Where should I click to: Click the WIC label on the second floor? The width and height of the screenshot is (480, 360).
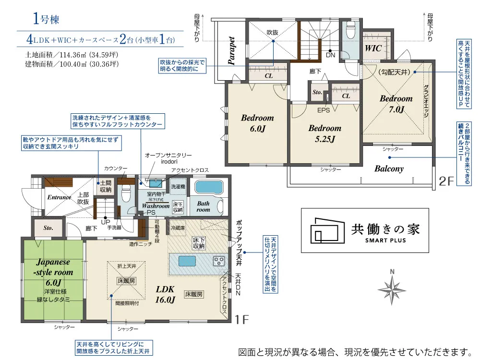[373, 48]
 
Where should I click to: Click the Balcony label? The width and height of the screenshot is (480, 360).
[389, 169]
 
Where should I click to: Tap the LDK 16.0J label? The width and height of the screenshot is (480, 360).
[164, 294]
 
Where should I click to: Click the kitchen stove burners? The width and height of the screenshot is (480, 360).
[219, 262]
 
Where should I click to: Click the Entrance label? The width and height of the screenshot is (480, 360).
[59, 197]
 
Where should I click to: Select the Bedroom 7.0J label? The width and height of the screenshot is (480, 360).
[396, 104]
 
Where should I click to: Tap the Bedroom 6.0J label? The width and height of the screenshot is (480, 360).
[257, 123]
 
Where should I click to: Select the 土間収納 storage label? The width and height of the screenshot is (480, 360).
[106, 187]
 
